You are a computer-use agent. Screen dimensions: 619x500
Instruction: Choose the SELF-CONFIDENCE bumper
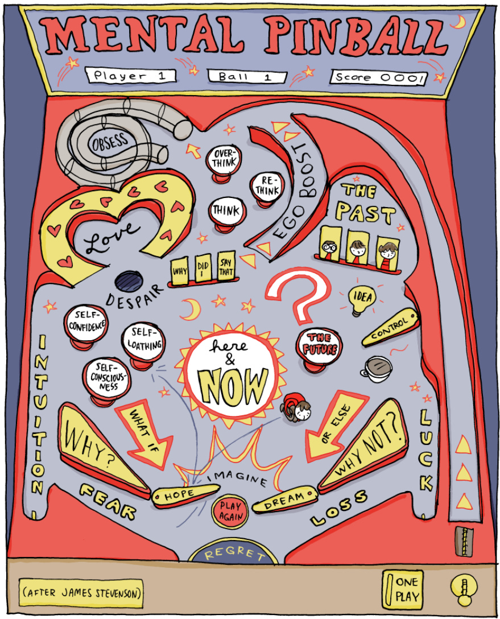point(86,322)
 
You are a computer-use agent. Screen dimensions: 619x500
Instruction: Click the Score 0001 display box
point(377,77)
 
